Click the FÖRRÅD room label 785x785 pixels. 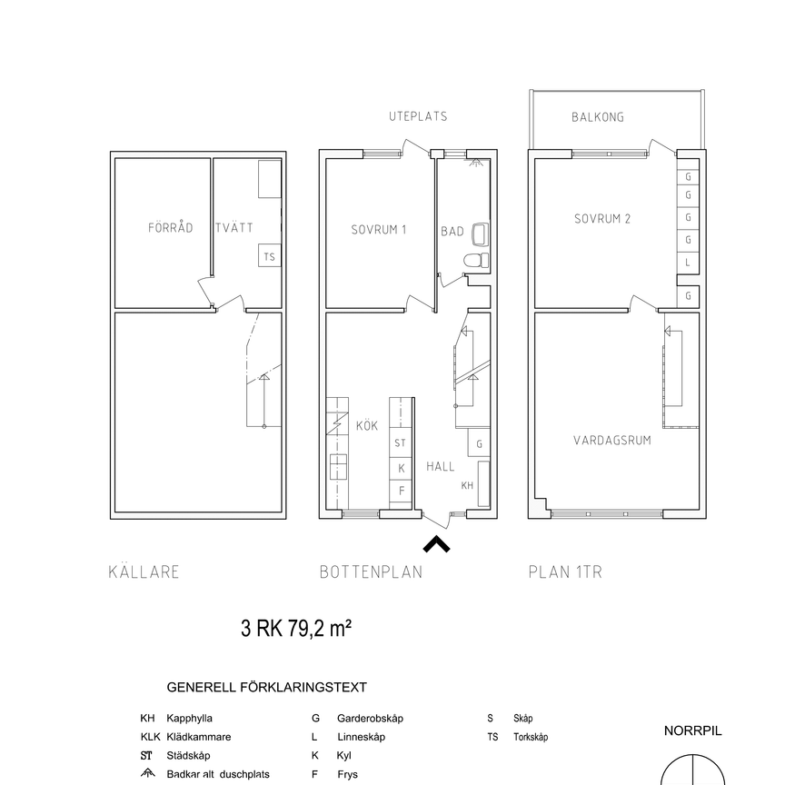point(170,228)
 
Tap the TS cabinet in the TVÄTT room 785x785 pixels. point(269,255)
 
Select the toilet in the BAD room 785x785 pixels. point(476,261)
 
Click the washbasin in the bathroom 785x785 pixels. point(480,234)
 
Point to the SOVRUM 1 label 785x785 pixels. point(379,230)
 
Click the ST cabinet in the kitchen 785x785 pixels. point(401,442)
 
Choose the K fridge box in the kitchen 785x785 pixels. point(401,468)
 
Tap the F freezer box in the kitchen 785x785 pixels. point(401,492)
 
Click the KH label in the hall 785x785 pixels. point(467,485)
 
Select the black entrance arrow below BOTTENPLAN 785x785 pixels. point(436,544)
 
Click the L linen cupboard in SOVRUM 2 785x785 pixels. point(688,263)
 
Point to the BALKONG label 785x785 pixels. point(598,117)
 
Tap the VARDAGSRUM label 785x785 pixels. point(611,441)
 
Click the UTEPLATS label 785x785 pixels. point(418,116)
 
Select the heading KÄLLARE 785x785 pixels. point(144,571)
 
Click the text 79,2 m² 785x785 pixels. point(320,629)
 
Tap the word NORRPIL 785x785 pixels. point(693,730)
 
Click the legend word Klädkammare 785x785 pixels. point(199,737)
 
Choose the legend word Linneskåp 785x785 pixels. point(361,737)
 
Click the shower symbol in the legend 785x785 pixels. point(148,773)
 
